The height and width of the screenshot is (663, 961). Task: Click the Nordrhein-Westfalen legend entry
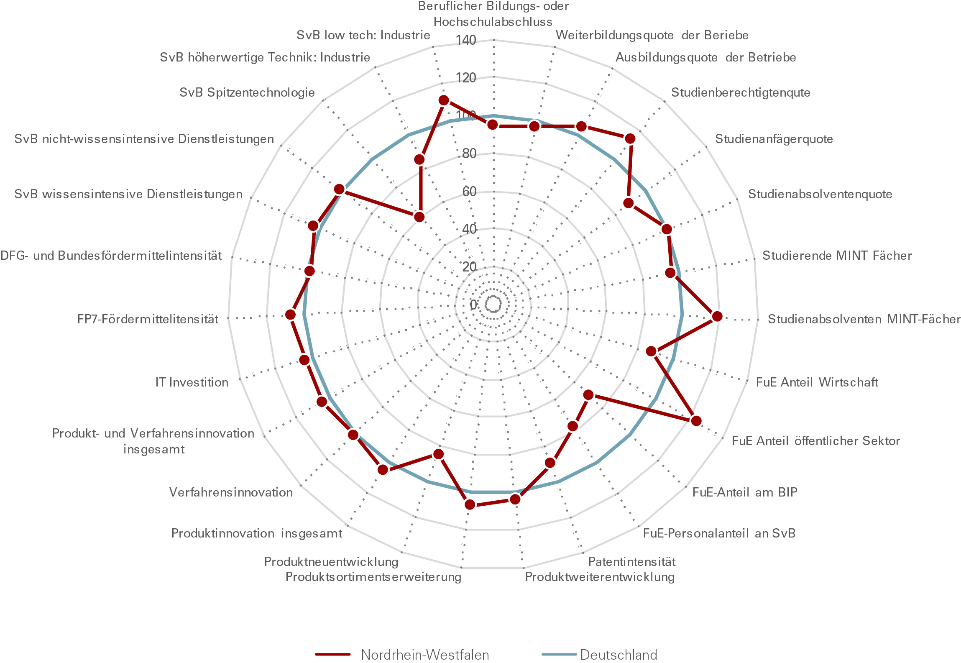[424, 654]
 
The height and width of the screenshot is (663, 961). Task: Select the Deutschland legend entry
[618, 654]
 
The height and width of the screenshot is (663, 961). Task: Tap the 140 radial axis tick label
[465, 40]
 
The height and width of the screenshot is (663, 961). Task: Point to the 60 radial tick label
[469, 192]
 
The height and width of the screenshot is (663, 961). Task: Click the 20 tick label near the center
[469, 267]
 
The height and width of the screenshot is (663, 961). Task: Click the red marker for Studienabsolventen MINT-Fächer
[717, 316]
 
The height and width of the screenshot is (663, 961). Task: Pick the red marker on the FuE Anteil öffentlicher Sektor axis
[696, 420]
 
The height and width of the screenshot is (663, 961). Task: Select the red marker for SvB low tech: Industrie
[444, 100]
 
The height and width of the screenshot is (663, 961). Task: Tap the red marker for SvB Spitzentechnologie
[419, 217]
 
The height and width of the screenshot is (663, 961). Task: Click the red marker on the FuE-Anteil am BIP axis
[588, 395]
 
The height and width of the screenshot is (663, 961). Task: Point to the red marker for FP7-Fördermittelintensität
[291, 315]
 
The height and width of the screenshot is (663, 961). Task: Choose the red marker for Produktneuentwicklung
[438, 454]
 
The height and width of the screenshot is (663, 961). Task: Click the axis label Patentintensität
[631, 561]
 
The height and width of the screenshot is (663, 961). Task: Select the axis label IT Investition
[192, 382]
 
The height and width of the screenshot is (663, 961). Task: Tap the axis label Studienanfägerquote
[774, 139]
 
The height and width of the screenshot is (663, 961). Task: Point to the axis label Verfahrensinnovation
[231, 492]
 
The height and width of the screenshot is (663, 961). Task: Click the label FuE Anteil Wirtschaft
[817, 382]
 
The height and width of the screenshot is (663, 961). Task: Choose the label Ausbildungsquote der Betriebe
[705, 57]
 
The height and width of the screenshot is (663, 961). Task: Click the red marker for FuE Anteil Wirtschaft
[651, 351]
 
